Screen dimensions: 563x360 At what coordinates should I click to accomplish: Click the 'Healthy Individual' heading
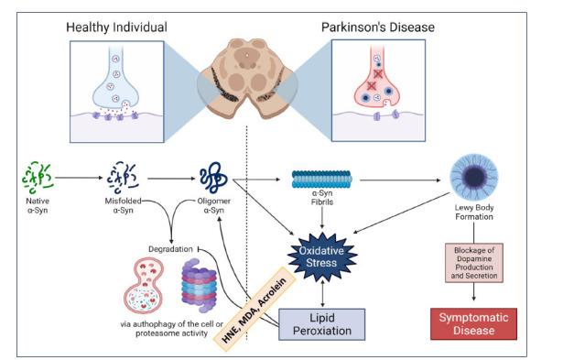(x=116, y=27)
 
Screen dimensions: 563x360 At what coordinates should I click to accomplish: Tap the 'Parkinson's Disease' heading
(x=378, y=27)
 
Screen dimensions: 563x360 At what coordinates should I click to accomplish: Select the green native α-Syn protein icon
(x=38, y=178)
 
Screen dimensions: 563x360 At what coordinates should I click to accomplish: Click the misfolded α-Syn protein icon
(x=123, y=178)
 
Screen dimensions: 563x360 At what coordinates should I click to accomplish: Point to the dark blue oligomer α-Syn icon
(x=213, y=178)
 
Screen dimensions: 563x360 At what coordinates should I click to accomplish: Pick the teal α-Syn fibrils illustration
(x=321, y=180)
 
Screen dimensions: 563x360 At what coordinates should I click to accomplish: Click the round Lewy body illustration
(x=474, y=177)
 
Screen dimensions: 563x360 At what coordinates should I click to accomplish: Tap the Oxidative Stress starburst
(x=322, y=256)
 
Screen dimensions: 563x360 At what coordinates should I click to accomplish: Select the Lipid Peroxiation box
(x=322, y=324)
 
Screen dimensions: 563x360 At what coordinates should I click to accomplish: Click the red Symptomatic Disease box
(x=473, y=323)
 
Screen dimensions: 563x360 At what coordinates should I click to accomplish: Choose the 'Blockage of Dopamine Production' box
(x=474, y=263)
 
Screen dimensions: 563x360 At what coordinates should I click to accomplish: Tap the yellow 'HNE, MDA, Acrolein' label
(x=254, y=309)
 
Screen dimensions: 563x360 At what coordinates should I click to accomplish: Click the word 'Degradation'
(x=170, y=249)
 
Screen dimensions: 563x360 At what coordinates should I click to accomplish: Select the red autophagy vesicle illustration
(x=144, y=287)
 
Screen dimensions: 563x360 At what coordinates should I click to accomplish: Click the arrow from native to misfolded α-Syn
(x=79, y=178)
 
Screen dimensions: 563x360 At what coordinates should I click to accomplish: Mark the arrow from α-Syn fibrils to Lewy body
(x=400, y=180)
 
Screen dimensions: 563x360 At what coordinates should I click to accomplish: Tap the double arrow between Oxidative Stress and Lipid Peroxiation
(x=322, y=294)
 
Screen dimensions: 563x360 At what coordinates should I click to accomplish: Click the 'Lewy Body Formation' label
(x=474, y=212)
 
